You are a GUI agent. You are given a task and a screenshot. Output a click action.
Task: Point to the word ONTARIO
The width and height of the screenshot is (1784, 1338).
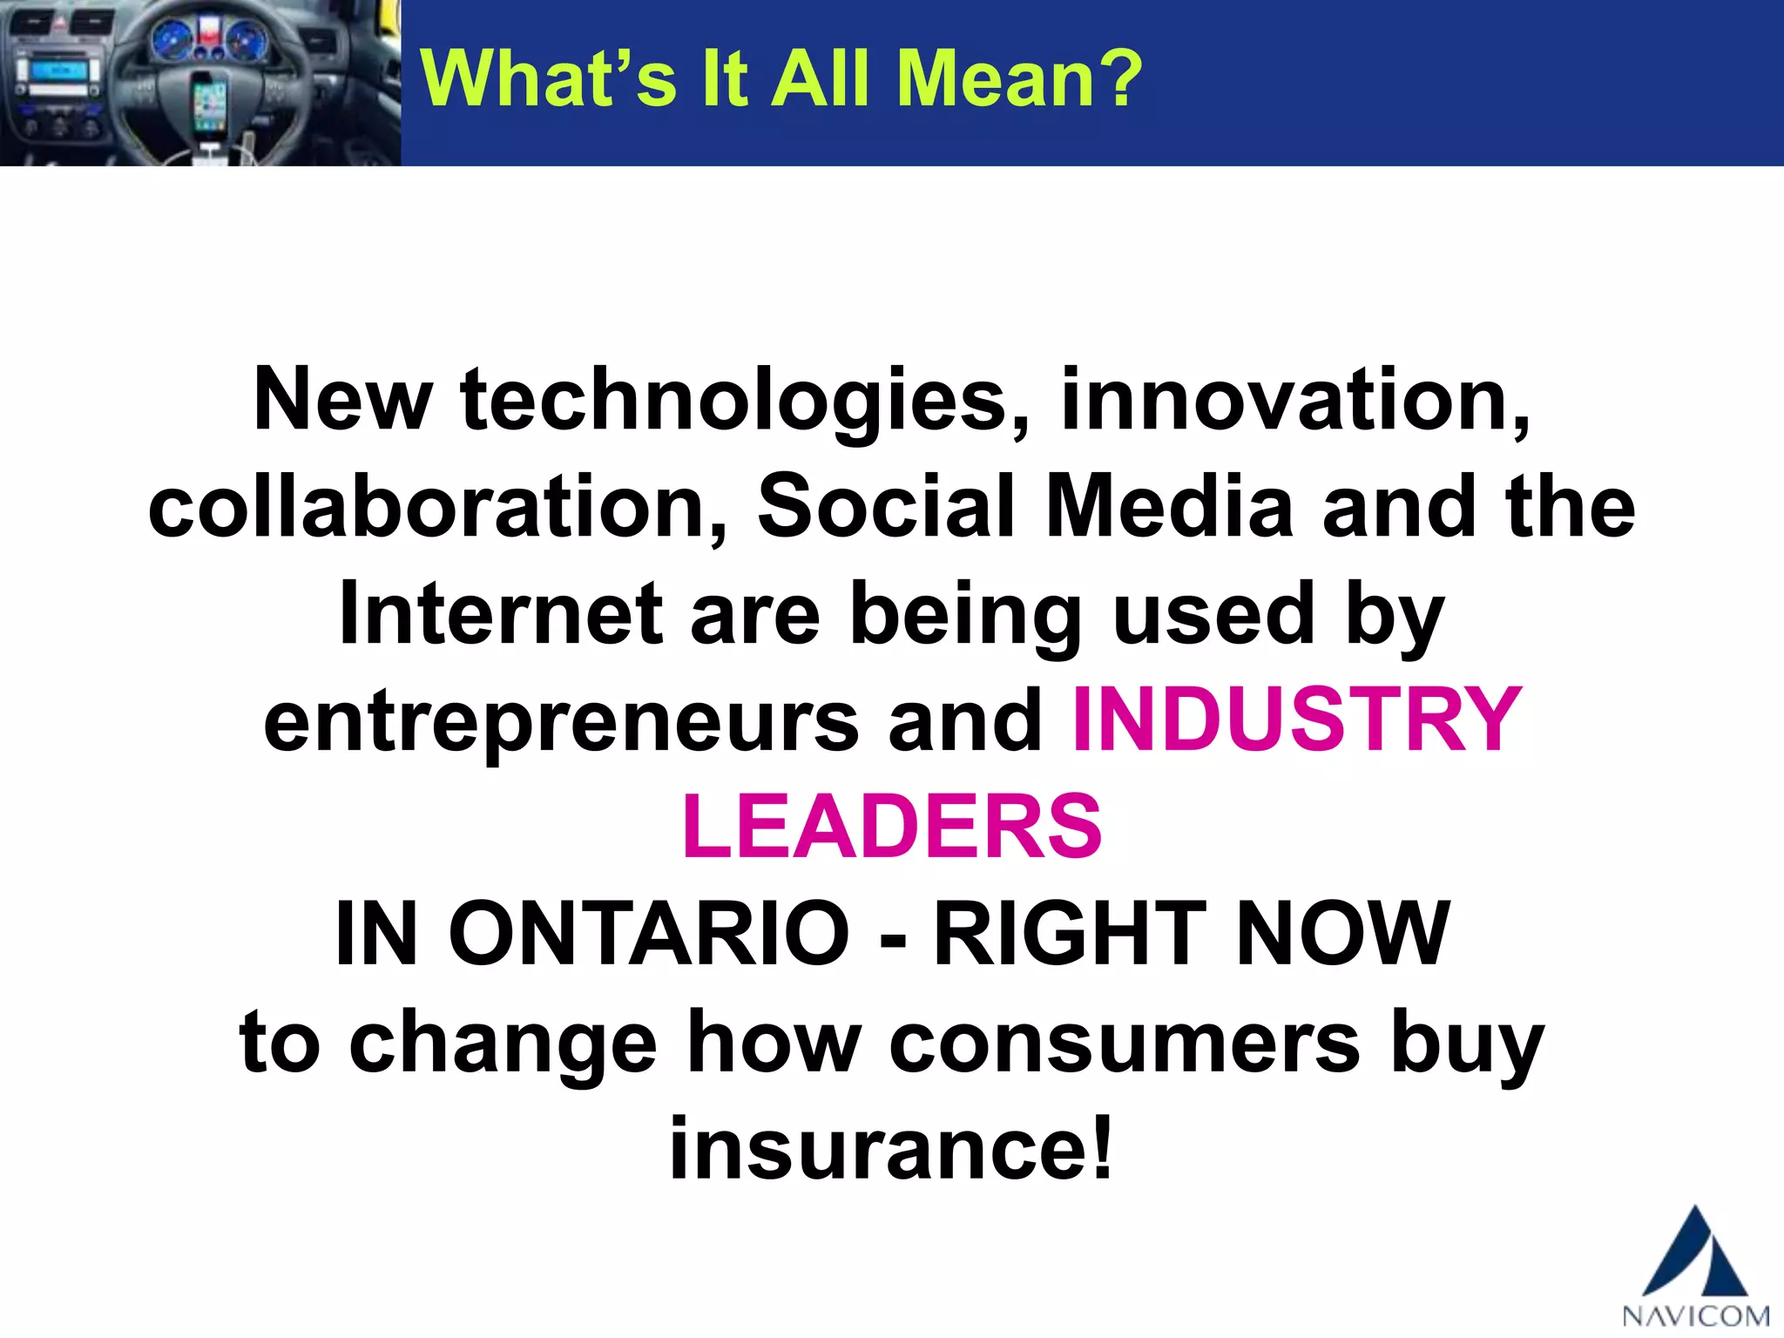pos(649,934)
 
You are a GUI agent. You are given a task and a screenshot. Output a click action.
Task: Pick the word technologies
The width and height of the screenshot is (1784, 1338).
pos(745,401)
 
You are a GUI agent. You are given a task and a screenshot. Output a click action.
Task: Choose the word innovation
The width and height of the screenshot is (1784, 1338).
pos(1294,401)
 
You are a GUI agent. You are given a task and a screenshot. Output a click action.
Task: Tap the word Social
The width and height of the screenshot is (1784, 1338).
pos(887,507)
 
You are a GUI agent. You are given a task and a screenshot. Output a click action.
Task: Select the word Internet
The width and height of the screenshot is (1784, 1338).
pos(501,614)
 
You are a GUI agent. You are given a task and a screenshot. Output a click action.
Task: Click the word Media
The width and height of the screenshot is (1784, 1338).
pos(1170,507)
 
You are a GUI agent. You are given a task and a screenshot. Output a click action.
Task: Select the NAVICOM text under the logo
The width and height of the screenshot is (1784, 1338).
pos(1695,1314)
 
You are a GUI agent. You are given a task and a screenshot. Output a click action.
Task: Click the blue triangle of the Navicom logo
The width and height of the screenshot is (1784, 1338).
pos(1695,1254)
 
